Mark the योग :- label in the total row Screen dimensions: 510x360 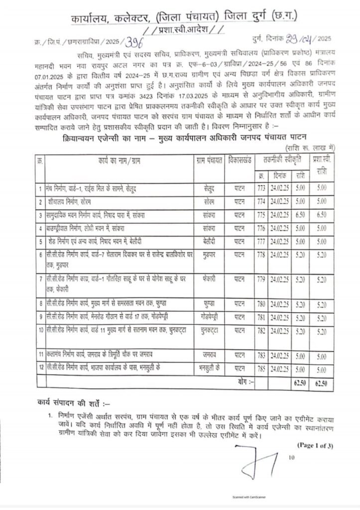coord(245,382)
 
